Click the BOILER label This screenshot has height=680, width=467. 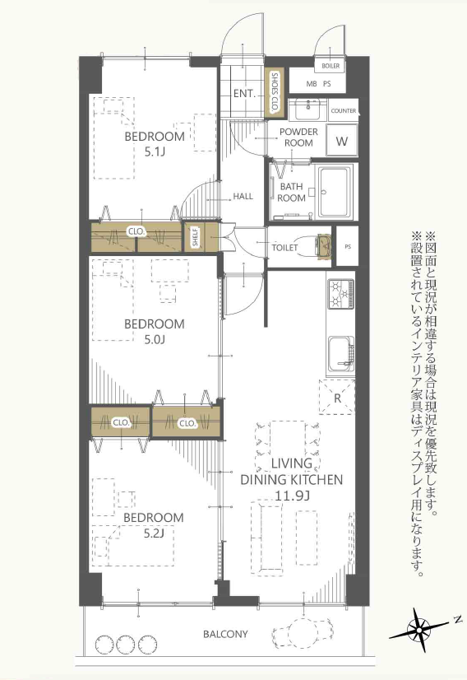tap(331, 66)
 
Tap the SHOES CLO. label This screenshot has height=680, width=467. tap(275, 92)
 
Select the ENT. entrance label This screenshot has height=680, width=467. tap(245, 93)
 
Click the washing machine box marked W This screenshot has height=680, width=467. tap(342, 141)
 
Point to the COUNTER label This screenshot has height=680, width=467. tap(344, 110)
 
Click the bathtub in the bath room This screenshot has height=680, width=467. tap(335, 192)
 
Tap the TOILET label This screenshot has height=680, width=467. tap(284, 248)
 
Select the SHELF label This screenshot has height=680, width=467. tap(196, 238)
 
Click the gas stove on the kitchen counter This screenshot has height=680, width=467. tap(340, 294)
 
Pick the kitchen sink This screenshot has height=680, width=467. tap(341, 354)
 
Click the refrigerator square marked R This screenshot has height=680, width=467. tap(337, 398)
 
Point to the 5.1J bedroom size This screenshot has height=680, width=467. tap(155, 151)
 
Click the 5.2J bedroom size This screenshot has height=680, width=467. tap(154, 532)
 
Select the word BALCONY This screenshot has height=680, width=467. tap(225, 634)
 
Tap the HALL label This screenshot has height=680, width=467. tap(243, 197)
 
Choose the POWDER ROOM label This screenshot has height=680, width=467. tap(299, 137)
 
